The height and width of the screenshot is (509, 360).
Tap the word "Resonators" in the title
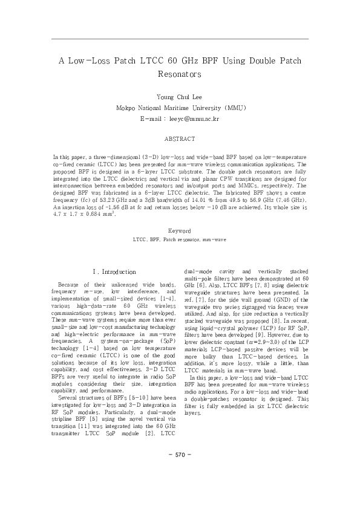coord(180,75)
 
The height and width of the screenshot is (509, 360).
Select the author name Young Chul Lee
coord(180,97)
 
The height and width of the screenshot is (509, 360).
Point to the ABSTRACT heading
coord(180,139)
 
